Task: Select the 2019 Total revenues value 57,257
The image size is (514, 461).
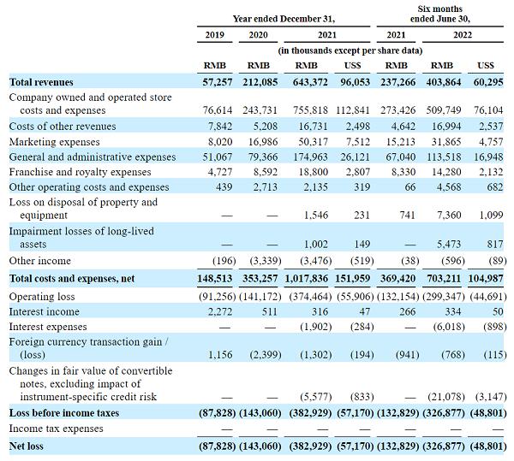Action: [214, 81]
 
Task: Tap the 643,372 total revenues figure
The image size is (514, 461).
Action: [305, 81]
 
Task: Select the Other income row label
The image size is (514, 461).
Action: [40, 261]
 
